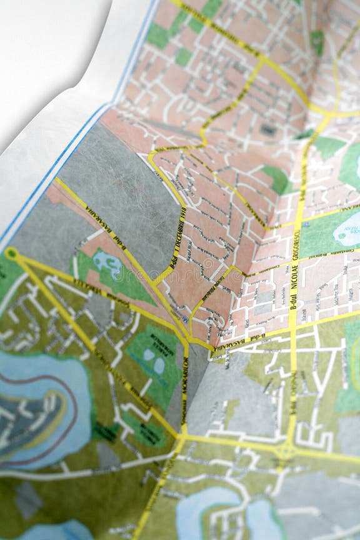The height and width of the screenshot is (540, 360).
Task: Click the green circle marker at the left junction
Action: click(x=11, y=253)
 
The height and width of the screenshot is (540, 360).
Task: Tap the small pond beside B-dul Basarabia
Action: click(x=108, y=264)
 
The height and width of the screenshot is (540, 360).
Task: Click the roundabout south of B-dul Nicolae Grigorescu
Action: click(x=287, y=449)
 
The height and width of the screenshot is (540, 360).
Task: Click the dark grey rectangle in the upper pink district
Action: click(x=269, y=130)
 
